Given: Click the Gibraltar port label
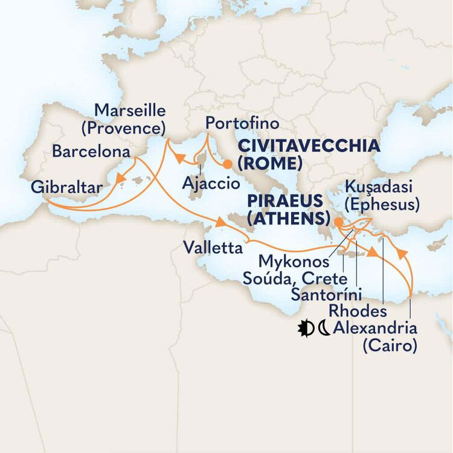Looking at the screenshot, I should pos(66,187).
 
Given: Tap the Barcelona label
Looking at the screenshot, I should pos(90,151).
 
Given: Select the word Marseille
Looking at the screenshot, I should pos(130,111).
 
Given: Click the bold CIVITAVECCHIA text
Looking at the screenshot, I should pos(309,146).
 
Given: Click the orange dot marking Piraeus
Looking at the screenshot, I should pos(338,222).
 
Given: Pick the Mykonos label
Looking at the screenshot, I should pos(294,262).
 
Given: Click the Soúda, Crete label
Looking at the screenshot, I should pos(294,279).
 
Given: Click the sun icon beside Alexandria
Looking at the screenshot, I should pos(306,329).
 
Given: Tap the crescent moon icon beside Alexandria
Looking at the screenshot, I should pos(324,329).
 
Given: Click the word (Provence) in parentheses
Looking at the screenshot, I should pos(130,129).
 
